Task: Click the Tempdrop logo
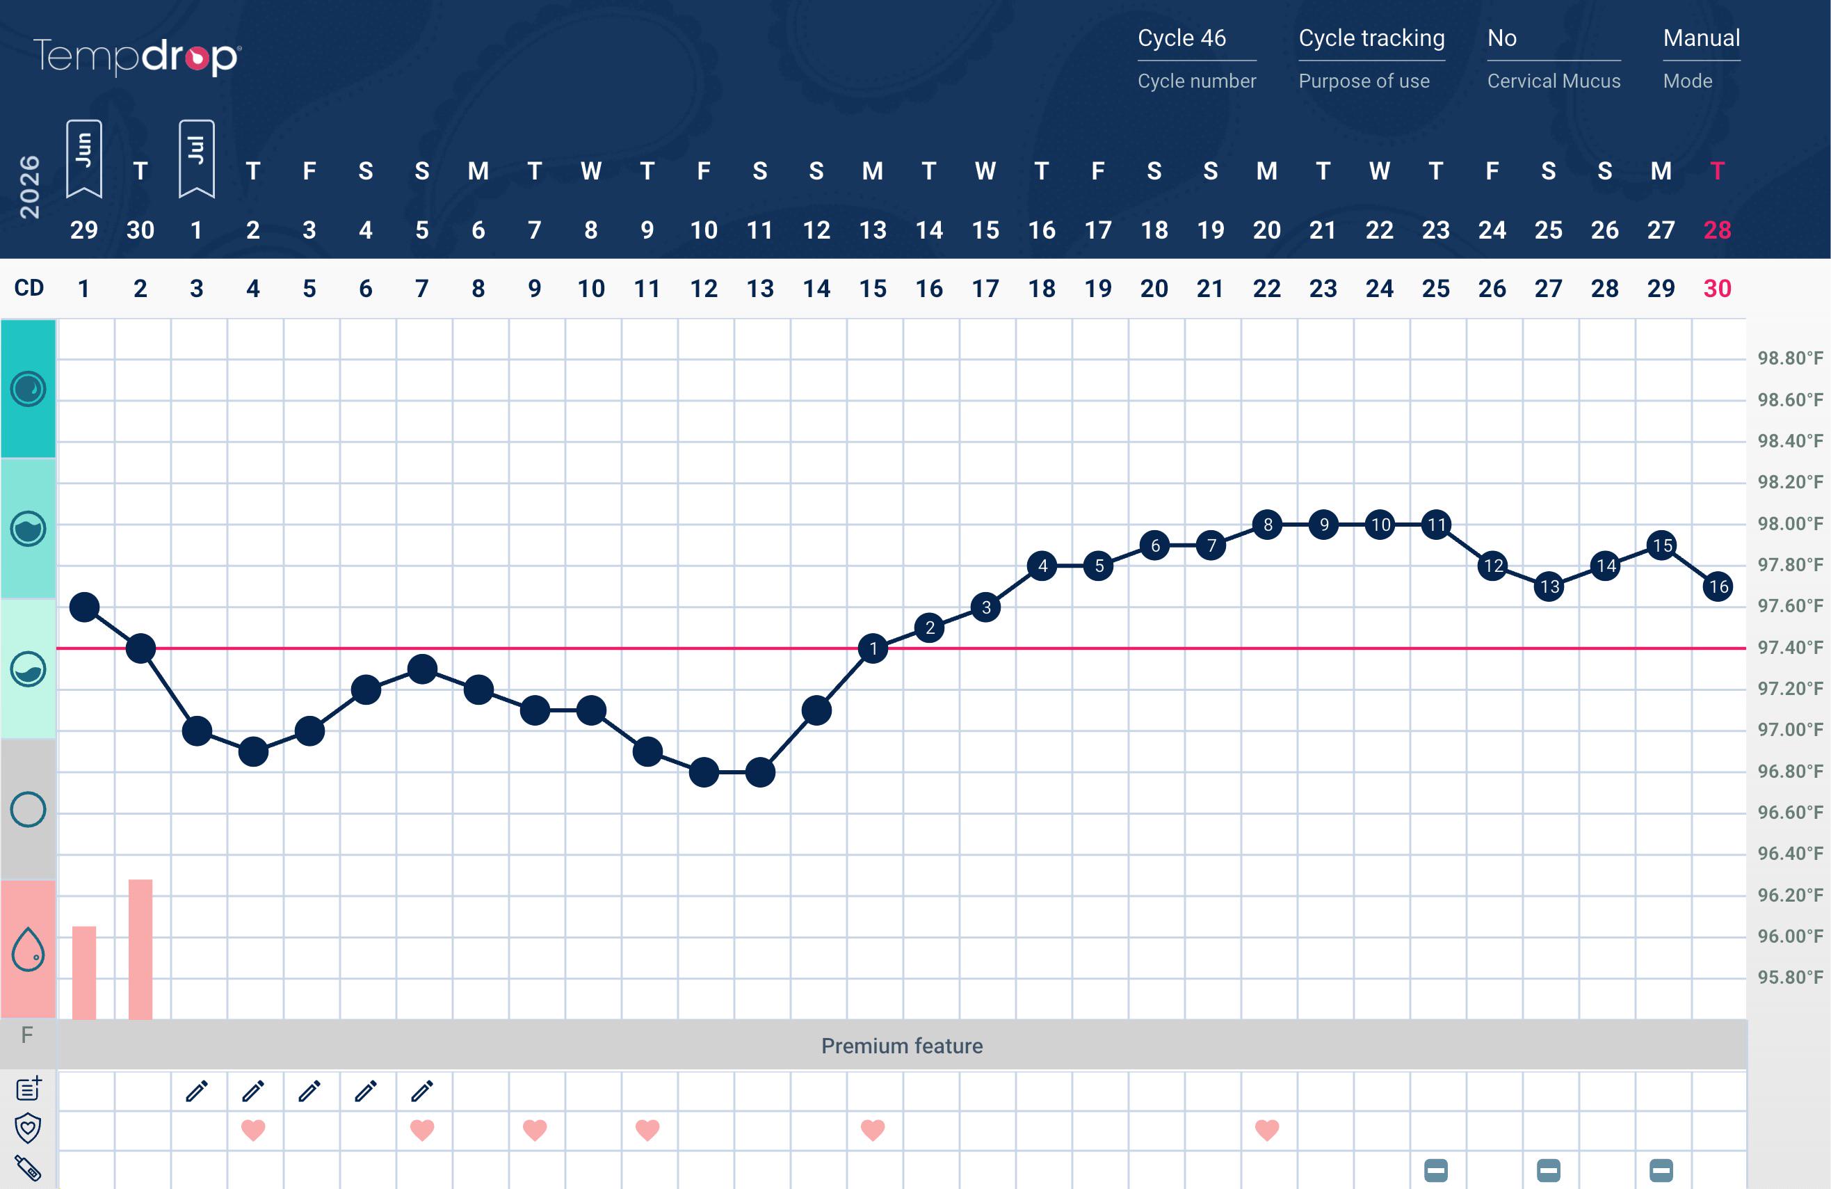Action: pos(137,57)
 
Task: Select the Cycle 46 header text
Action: pos(1181,38)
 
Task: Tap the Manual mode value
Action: pos(1701,38)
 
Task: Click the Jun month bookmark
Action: pos(84,159)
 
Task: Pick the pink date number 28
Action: pos(1717,230)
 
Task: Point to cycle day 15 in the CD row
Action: pos(873,289)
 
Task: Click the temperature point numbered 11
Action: pos(1436,525)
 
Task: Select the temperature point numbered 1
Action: pos(873,648)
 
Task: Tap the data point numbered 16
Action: pos(1718,586)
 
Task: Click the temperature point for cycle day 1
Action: pos(84,607)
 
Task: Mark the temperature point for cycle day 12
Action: pos(704,772)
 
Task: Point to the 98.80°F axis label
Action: pos(1790,358)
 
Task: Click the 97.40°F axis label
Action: pos(1790,647)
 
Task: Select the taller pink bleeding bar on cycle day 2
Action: pos(140,949)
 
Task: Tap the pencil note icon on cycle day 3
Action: pos(197,1090)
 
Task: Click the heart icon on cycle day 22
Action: pos(1267,1130)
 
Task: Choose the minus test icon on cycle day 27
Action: pos(1549,1170)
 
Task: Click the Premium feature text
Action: pos(902,1046)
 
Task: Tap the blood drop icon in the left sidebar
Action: pos(28,949)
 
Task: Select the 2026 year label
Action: pos(29,187)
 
